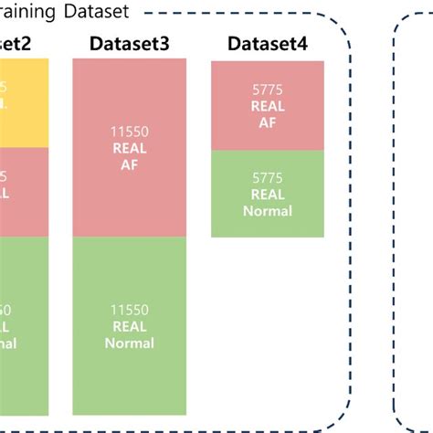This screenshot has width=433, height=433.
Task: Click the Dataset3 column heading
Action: (x=129, y=44)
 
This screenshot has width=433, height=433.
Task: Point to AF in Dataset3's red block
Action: (x=129, y=165)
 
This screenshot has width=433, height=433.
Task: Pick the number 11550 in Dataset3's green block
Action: (x=129, y=311)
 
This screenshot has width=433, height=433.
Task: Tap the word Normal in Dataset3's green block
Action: (x=129, y=343)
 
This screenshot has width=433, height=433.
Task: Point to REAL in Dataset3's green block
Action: (x=129, y=327)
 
